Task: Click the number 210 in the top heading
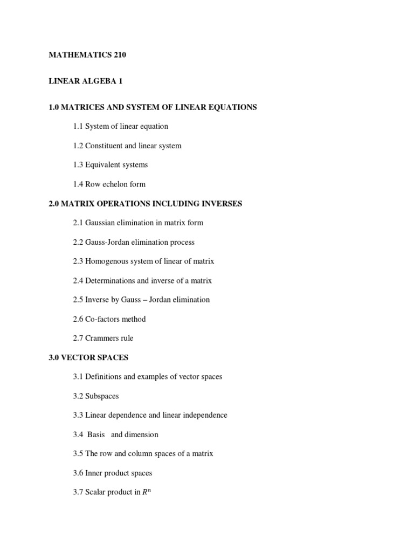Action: click(119, 54)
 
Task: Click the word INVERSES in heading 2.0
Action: click(221, 204)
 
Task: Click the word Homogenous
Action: click(106, 261)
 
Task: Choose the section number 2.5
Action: click(78, 300)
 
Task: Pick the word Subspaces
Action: click(102, 396)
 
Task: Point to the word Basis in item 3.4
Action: click(96, 434)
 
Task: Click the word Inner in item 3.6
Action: click(94, 473)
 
